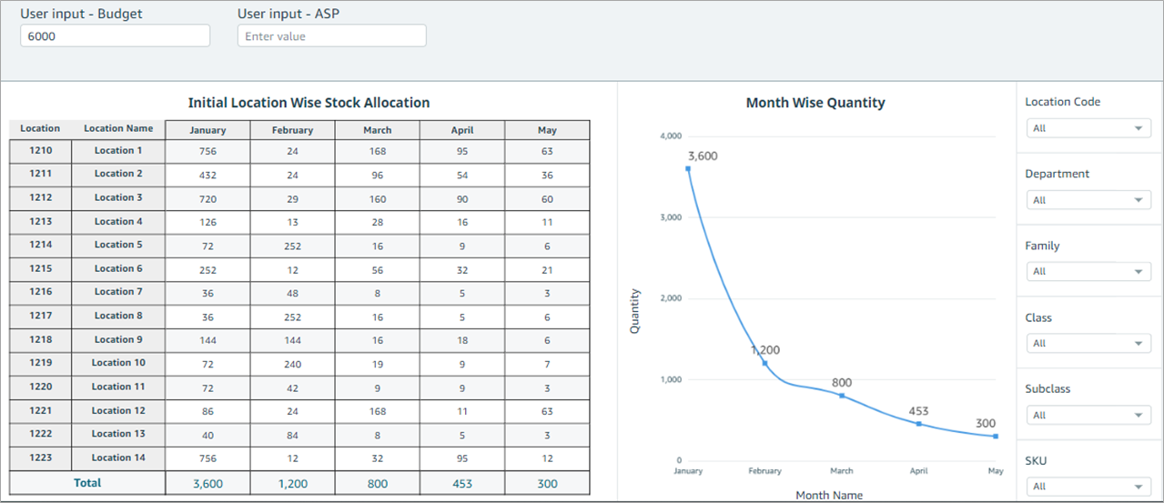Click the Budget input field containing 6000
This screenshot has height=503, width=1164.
(x=115, y=35)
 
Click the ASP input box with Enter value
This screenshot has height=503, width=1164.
(x=331, y=35)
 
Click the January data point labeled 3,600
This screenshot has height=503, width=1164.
(x=688, y=168)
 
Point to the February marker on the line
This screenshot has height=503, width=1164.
(x=764, y=363)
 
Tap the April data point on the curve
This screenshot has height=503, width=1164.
(x=918, y=424)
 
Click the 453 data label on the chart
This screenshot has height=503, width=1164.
(x=918, y=409)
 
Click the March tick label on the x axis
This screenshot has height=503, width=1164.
(x=842, y=471)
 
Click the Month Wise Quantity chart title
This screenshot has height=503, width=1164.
(x=815, y=103)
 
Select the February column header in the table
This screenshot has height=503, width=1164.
(x=292, y=130)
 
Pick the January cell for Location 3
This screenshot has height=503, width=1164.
(x=207, y=197)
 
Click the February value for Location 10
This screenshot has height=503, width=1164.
(x=292, y=363)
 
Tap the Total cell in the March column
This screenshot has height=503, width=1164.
(x=377, y=484)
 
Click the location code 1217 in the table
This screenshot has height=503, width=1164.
(x=40, y=316)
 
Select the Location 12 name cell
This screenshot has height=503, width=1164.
(x=118, y=410)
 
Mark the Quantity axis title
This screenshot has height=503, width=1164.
(x=635, y=311)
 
